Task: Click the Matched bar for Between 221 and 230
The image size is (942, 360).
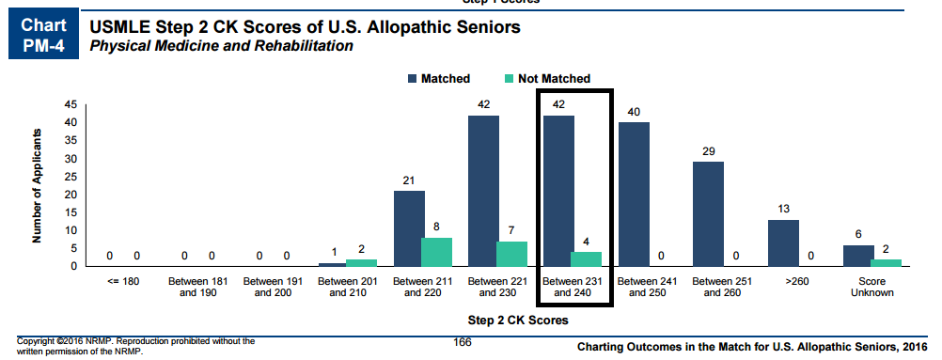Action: (x=483, y=191)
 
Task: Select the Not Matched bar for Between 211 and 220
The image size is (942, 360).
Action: (x=437, y=252)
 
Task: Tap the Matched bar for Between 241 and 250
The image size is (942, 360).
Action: (x=634, y=195)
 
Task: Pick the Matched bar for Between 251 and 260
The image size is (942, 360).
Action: (x=708, y=214)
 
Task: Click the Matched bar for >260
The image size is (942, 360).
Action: (x=783, y=243)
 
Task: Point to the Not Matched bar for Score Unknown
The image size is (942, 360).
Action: (x=887, y=262)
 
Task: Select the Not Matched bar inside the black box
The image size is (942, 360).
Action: (x=586, y=259)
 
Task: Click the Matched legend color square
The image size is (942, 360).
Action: (x=412, y=79)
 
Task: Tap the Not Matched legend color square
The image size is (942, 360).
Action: (x=509, y=79)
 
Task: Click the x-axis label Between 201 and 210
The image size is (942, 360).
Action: (x=347, y=287)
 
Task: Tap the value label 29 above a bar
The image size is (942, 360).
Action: (x=708, y=151)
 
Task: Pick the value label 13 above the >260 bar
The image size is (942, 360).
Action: (x=783, y=210)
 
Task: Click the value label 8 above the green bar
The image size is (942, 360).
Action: (x=437, y=227)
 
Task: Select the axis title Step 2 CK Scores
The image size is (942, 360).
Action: (x=518, y=321)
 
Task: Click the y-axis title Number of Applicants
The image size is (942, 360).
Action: (x=38, y=185)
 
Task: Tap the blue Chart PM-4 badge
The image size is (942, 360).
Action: (x=44, y=34)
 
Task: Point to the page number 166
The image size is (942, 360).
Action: (x=462, y=342)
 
